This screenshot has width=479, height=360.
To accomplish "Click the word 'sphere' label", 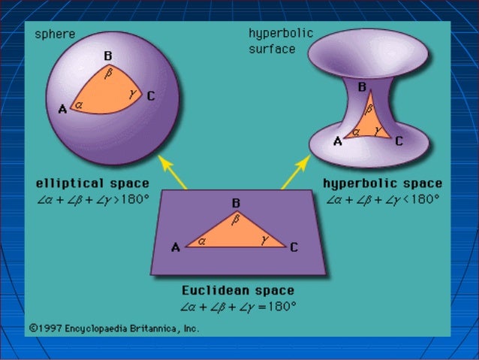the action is pos(55,35).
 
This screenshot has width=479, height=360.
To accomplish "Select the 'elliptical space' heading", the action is pos(92,183).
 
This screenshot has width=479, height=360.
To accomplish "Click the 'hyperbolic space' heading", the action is pos(382,183).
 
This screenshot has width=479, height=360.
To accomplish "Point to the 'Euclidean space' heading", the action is pos(238,290).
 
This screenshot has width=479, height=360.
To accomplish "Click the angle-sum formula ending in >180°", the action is pos(92,200).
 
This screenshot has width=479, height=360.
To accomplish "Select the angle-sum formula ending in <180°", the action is pos(382,200).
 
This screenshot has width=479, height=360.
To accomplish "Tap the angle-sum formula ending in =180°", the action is pos(238,307).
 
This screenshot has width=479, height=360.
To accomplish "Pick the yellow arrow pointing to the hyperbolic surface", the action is pos(296,172).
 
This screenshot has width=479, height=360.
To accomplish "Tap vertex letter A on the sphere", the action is pos(62,110).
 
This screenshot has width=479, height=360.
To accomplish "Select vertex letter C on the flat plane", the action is pos(294,247).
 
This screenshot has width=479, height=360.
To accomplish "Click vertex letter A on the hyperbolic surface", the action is pos(337,141).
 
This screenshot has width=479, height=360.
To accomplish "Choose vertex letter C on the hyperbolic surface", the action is pos(399,141).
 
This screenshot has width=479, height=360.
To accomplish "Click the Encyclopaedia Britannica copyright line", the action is pos(114,328).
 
